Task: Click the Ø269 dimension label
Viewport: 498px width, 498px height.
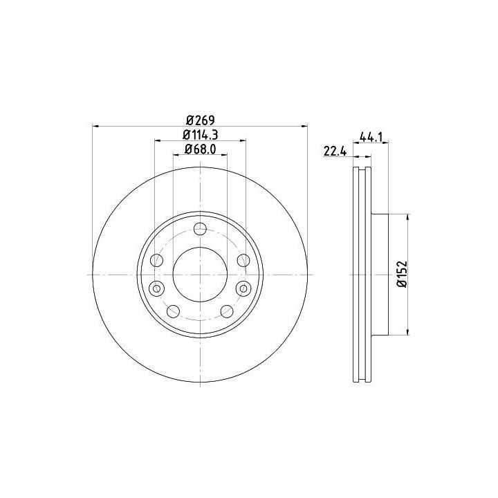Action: coord(201,120)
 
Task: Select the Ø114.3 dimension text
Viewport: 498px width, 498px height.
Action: coord(200,135)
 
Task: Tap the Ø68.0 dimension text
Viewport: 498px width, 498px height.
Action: coord(200,149)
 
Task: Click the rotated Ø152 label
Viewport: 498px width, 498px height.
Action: coord(402,275)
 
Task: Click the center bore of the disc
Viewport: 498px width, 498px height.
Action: coord(200,275)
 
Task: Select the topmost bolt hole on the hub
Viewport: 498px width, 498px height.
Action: coord(200,229)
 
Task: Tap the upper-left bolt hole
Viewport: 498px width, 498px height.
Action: coord(156,261)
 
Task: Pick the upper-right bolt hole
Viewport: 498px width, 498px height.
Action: coord(243,261)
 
